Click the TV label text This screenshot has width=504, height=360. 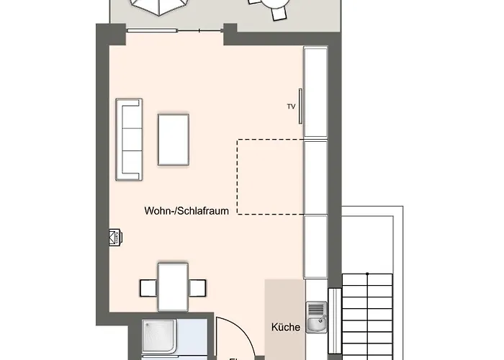(291, 107)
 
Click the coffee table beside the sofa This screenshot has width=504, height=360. (174, 139)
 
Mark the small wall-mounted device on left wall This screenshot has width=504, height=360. (114, 238)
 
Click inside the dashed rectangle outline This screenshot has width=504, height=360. (270, 176)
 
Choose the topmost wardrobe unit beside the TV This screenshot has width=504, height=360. (315, 91)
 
